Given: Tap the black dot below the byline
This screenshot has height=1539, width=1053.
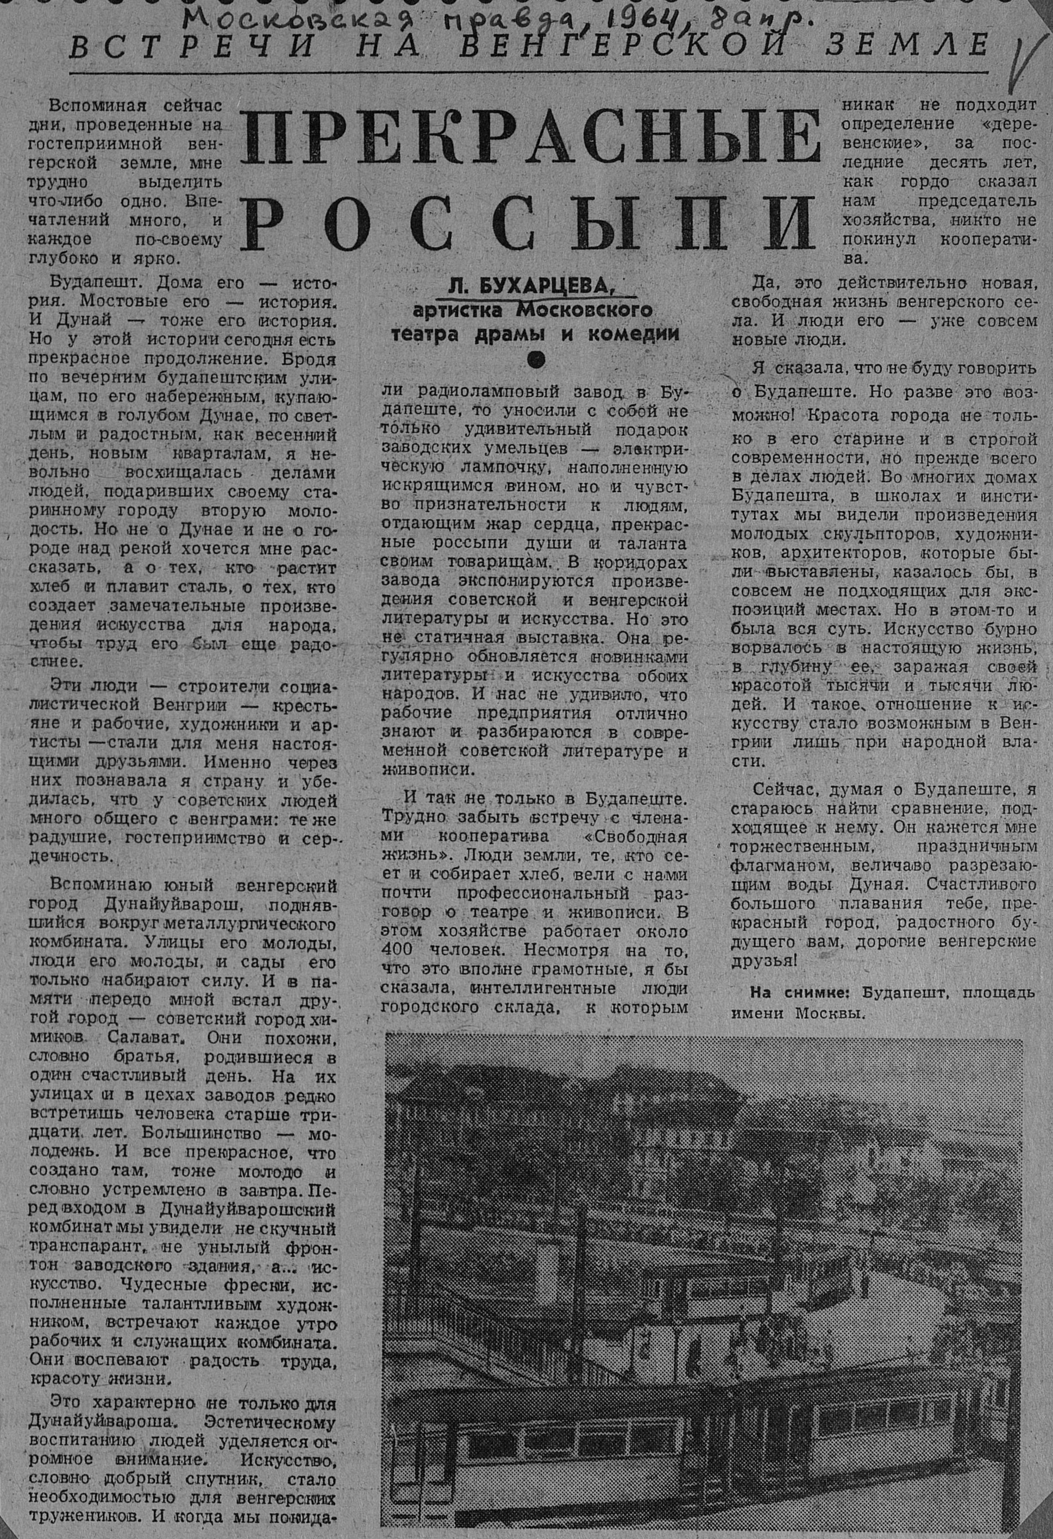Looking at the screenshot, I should tap(535, 358).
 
